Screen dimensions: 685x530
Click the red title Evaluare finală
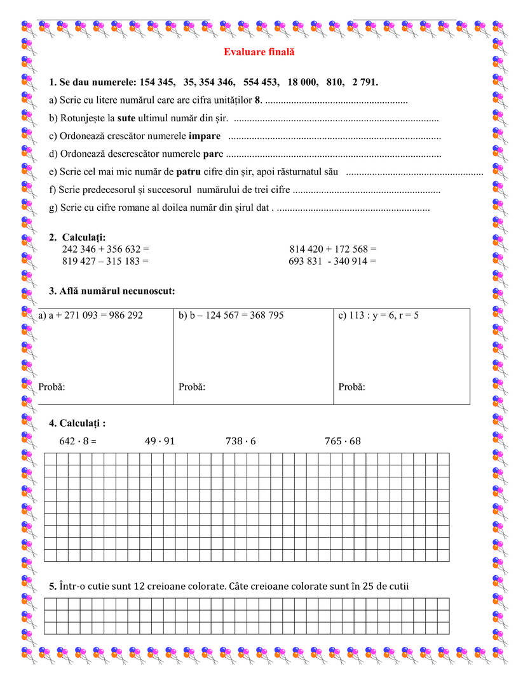click(x=259, y=52)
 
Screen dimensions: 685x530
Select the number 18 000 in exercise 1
click(x=302, y=83)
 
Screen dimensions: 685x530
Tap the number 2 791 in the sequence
click(x=363, y=83)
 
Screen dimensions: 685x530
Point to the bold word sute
click(x=126, y=118)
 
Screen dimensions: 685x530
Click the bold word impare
click(x=205, y=136)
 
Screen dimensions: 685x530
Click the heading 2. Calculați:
click(x=78, y=237)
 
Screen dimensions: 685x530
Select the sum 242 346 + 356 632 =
click(x=105, y=249)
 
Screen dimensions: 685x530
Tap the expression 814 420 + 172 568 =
click(x=332, y=249)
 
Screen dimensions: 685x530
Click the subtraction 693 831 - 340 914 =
click(x=332, y=260)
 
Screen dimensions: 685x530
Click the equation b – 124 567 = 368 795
click(x=231, y=316)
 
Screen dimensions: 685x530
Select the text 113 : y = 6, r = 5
click(x=379, y=316)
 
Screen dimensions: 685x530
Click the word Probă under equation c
click(x=351, y=387)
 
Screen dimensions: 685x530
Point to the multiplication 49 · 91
click(x=160, y=441)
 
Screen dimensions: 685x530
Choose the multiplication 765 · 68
click(x=343, y=441)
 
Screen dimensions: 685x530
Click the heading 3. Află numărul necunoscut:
click(x=112, y=291)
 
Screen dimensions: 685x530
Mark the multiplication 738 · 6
click(x=241, y=441)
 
